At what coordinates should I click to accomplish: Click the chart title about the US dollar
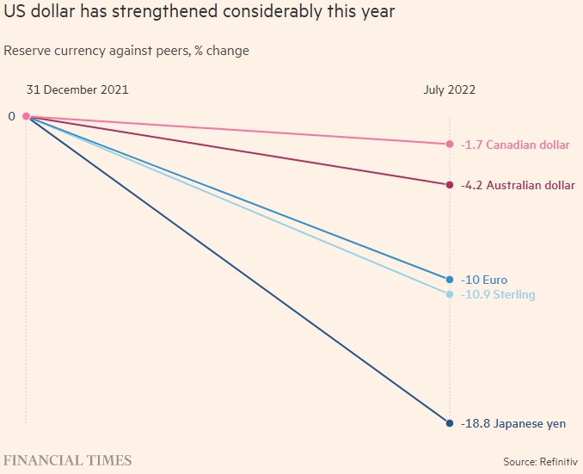pyautogui.click(x=199, y=13)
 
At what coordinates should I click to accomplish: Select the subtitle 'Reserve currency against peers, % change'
pyautogui.click(x=126, y=51)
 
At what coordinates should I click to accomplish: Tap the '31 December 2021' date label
pyautogui.click(x=78, y=89)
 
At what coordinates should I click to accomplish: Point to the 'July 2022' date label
pyautogui.click(x=449, y=89)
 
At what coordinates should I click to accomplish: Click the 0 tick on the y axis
pyautogui.click(x=12, y=116)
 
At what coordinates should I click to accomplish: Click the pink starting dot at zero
pyautogui.click(x=26, y=116)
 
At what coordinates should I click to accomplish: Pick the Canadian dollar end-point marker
pyautogui.click(x=449, y=144)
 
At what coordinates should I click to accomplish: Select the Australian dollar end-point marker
pyautogui.click(x=449, y=185)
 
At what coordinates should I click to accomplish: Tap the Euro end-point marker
pyautogui.click(x=449, y=280)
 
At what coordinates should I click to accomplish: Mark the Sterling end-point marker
pyautogui.click(x=449, y=294)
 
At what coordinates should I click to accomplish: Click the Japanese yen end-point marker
pyautogui.click(x=449, y=423)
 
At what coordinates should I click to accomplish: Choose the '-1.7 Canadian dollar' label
pyautogui.click(x=514, y=145)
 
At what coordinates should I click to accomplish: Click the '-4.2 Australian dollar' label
pyautogui.click(x=518, y=185)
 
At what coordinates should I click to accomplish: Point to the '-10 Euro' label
pyautogui.click(x=484, y=280)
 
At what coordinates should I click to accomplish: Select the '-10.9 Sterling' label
pyautogui.click(x=498, y=295)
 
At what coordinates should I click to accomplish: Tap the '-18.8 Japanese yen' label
pyautogui.click(x=513, y=424)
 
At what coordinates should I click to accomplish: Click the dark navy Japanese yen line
pyautogui.click(x=237, y=269)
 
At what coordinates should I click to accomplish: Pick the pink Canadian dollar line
pyautogui.click(x=237, y=130)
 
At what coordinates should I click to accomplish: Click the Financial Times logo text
pyautogui.click(x=67, y=460)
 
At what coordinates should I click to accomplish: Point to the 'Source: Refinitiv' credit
pyautogui.click(x=539, y=462)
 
